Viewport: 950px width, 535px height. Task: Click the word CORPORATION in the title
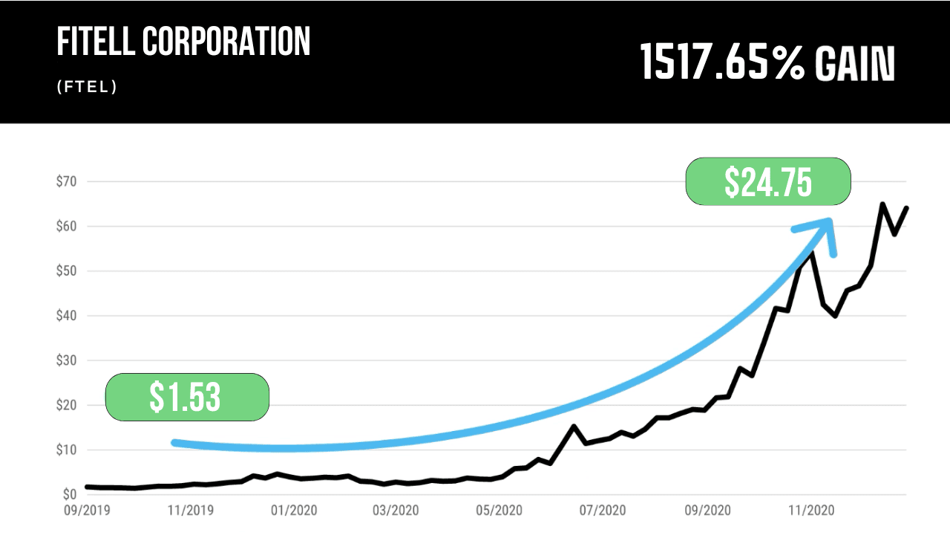point(226,43)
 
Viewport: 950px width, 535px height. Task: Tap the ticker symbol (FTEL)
point(87,87)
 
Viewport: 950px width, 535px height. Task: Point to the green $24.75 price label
point(767,181)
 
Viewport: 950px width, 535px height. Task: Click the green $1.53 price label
point(186,397)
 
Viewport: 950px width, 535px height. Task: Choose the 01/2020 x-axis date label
point(292,510)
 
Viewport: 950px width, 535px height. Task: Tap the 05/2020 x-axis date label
point(499,510)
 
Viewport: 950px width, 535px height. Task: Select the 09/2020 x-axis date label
point(706,510)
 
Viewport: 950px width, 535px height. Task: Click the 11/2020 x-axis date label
point(809,510)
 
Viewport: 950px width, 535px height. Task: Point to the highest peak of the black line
point(882,204)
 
